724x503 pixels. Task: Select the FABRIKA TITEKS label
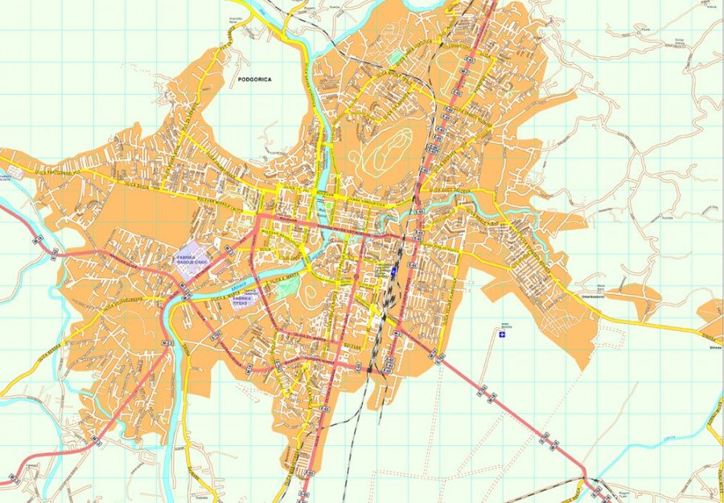click(244, 300)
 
